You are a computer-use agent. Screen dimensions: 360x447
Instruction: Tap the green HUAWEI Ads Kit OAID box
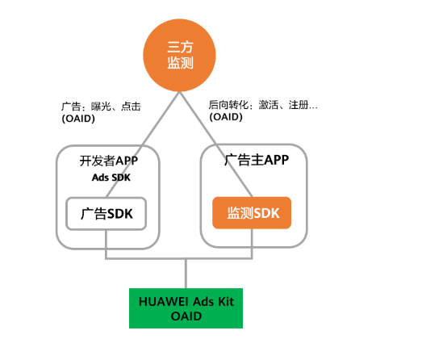pos(186,308)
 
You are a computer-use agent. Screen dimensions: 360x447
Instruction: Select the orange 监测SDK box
pos(251,213)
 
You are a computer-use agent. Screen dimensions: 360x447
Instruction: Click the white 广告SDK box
pos(106,214)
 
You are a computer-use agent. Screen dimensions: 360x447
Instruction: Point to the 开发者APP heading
pos(106,160)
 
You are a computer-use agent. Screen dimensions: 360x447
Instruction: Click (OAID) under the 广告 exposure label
pos(78,119)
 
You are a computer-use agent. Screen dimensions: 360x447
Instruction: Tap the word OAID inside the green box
pos(186,316)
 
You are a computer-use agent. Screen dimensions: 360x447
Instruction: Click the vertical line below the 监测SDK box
pos(253,244)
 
